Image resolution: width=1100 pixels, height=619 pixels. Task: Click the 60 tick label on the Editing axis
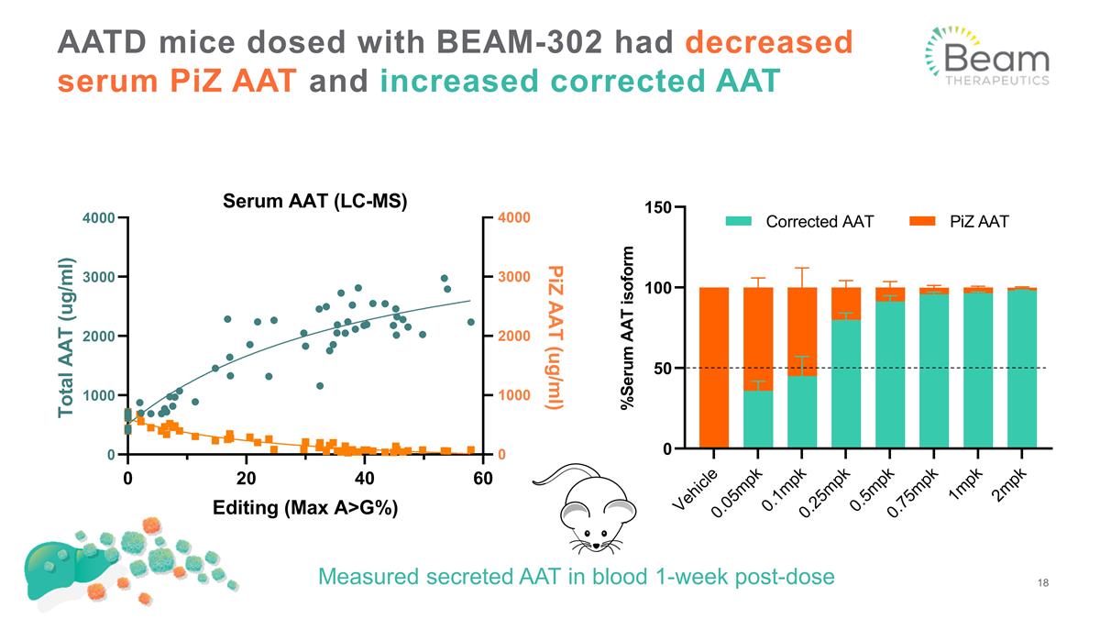coord(482,478)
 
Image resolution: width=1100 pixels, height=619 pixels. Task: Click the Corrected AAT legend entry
coord(799,221)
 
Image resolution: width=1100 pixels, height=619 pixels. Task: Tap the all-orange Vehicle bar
coord(714,368)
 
